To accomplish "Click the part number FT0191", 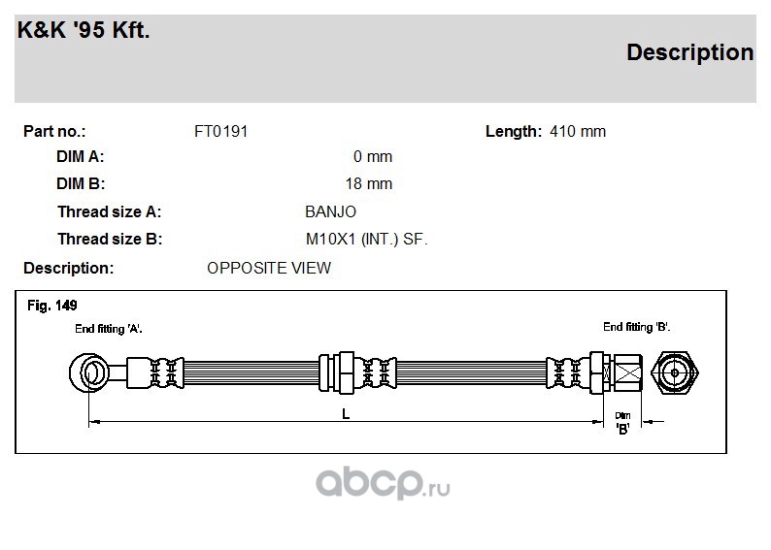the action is [220, 132].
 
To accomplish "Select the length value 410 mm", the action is [578, 132].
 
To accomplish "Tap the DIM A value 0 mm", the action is [373, 156].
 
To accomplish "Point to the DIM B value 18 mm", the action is [369, 183].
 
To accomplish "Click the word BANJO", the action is [330, 211].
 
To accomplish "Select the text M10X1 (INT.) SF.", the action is [367, 240].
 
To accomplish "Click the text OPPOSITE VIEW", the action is [269, 268].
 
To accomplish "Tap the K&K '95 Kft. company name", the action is [84, 30].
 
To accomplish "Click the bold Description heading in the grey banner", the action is [689, 52].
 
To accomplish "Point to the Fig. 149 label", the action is [52, 306].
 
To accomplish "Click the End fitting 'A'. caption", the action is [109, 329].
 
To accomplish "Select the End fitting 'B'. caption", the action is [637, 327].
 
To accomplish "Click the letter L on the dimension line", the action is [346, 414].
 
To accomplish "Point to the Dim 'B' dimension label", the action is [622, 423].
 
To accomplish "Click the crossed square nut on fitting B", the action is [628, 372].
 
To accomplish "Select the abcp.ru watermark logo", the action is [383, 483].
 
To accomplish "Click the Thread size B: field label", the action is [110, 240].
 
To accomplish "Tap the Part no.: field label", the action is [54, 132].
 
